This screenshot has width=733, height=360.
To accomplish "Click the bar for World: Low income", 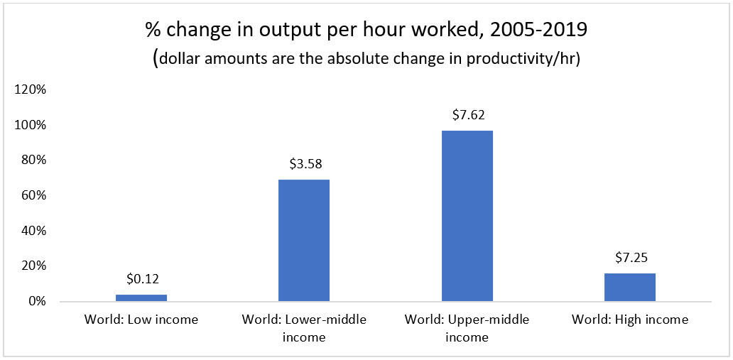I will [x=141, y=298].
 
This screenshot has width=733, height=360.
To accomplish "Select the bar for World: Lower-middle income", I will [x=304, y=240].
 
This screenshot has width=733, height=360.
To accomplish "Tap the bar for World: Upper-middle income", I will [x=467, y=216].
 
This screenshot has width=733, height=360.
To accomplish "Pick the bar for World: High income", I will [x=630, y=287].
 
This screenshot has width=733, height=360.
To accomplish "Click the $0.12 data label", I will [x=141, y=279].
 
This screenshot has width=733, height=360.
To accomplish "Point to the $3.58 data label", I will [x=304, y=164].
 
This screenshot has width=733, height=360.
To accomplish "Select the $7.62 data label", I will [x=467, y=115].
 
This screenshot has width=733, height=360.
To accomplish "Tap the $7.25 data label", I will [x=630, y=258].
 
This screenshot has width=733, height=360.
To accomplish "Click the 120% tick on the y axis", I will [x=31, y=90].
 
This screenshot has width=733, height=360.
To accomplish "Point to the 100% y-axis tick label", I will [x=31, y=125].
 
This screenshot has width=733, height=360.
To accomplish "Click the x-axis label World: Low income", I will [x=141, y=320].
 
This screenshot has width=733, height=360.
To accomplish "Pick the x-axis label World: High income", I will [x=630, y=320].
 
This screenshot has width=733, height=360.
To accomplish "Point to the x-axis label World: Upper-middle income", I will [x=467, y=328].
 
